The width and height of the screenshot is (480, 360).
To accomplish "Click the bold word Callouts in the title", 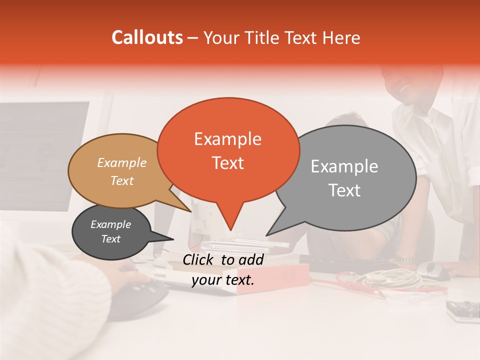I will click(x=147, y=37).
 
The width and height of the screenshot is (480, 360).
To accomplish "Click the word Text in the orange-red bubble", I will click(x=227, y=162).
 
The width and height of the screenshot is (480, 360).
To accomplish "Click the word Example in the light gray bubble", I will click(x=344, y=166).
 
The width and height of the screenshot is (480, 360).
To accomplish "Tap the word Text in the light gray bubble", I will click(x=344, y=190).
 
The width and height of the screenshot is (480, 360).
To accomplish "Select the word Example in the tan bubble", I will click(x=121, y=162).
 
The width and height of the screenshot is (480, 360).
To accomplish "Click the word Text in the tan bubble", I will click(x=121, y=180).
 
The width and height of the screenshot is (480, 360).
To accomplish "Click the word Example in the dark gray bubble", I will click(x=110, y=224).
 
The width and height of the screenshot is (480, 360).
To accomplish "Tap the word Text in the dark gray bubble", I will click(x=110, y=239).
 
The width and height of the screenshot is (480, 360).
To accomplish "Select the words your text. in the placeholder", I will click(x=223, y=280).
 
